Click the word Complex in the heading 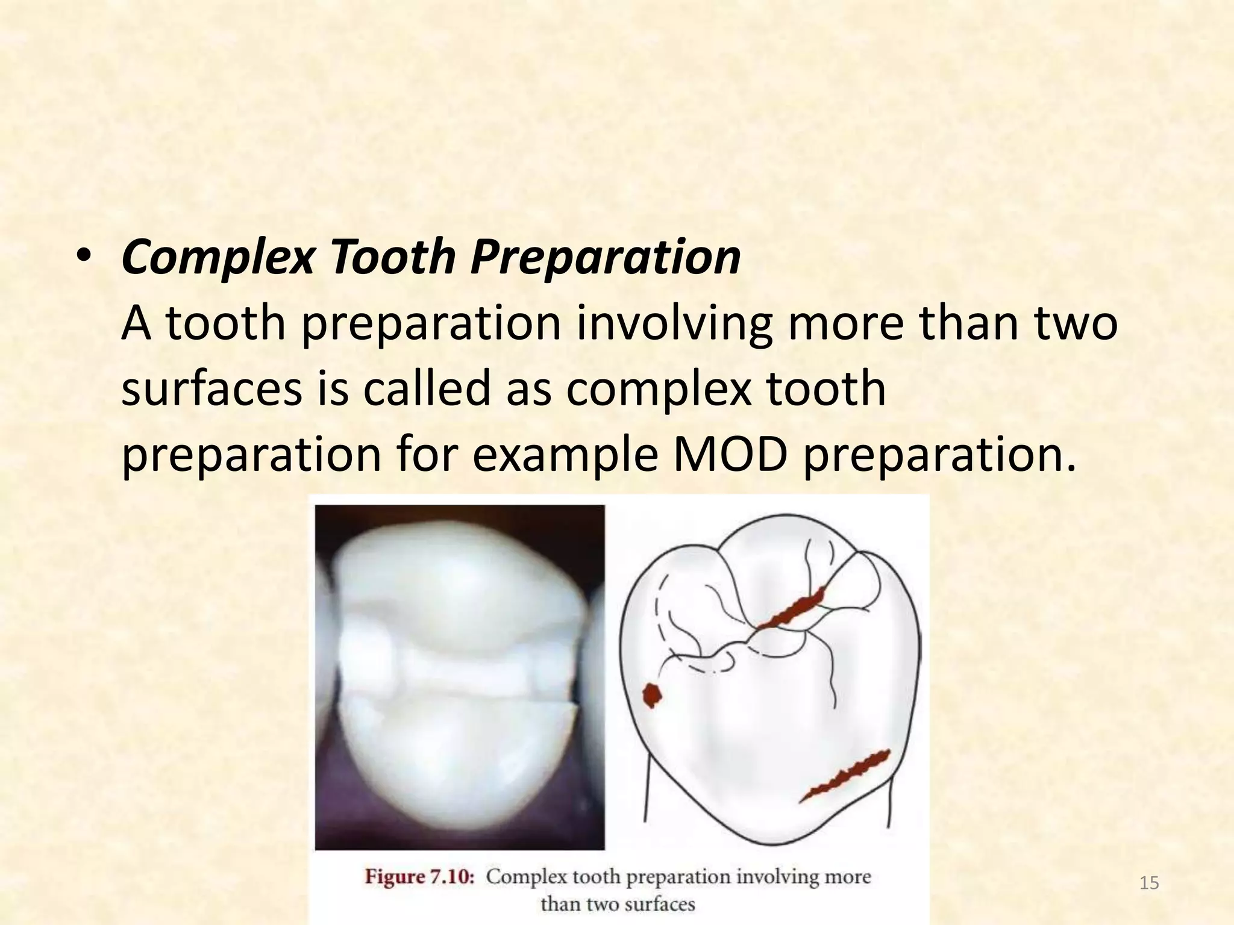tap(218, 258)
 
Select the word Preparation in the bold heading tap(605, 258)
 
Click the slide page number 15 tap(1149, 883)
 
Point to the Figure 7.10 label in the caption tap(420, 877)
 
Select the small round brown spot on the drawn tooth tap(651, 695)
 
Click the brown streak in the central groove tap(791, 610)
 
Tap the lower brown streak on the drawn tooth tap(845, 776)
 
